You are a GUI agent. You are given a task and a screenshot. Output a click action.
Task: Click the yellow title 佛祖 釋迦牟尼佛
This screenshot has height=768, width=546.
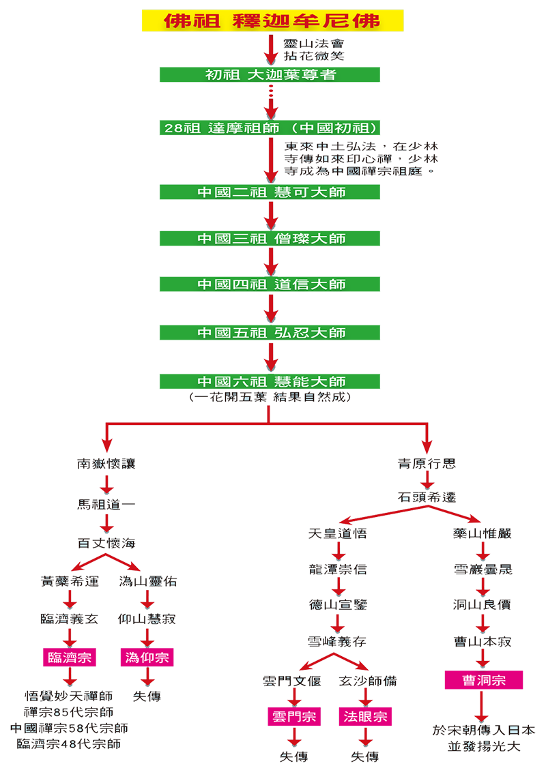(x=272, y=20)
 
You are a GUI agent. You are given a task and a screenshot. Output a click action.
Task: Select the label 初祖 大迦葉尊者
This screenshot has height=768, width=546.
(x=271, y=75)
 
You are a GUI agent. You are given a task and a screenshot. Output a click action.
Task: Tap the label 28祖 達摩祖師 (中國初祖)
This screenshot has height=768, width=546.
(x=271, y=128)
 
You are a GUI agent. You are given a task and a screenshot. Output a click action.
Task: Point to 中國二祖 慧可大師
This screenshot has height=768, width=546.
(x=271, y=192)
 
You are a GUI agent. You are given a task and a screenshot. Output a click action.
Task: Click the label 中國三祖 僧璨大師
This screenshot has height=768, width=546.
(x=271, y=239)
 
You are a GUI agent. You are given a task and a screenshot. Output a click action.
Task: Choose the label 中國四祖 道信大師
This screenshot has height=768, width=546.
(x=271, y=284)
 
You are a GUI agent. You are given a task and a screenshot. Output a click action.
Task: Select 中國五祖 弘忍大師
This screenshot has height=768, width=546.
(x=271, y=333)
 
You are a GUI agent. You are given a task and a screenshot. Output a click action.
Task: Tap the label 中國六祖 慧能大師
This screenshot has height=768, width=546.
(x=271, y=381)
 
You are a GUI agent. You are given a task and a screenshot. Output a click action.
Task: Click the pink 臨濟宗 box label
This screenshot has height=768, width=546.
(x=69, y=658)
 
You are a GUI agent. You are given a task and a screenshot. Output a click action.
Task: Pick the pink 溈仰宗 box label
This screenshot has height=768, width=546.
(x=147, y=658)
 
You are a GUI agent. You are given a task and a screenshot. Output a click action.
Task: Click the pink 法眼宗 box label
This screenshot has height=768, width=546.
(x=364, y=717)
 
